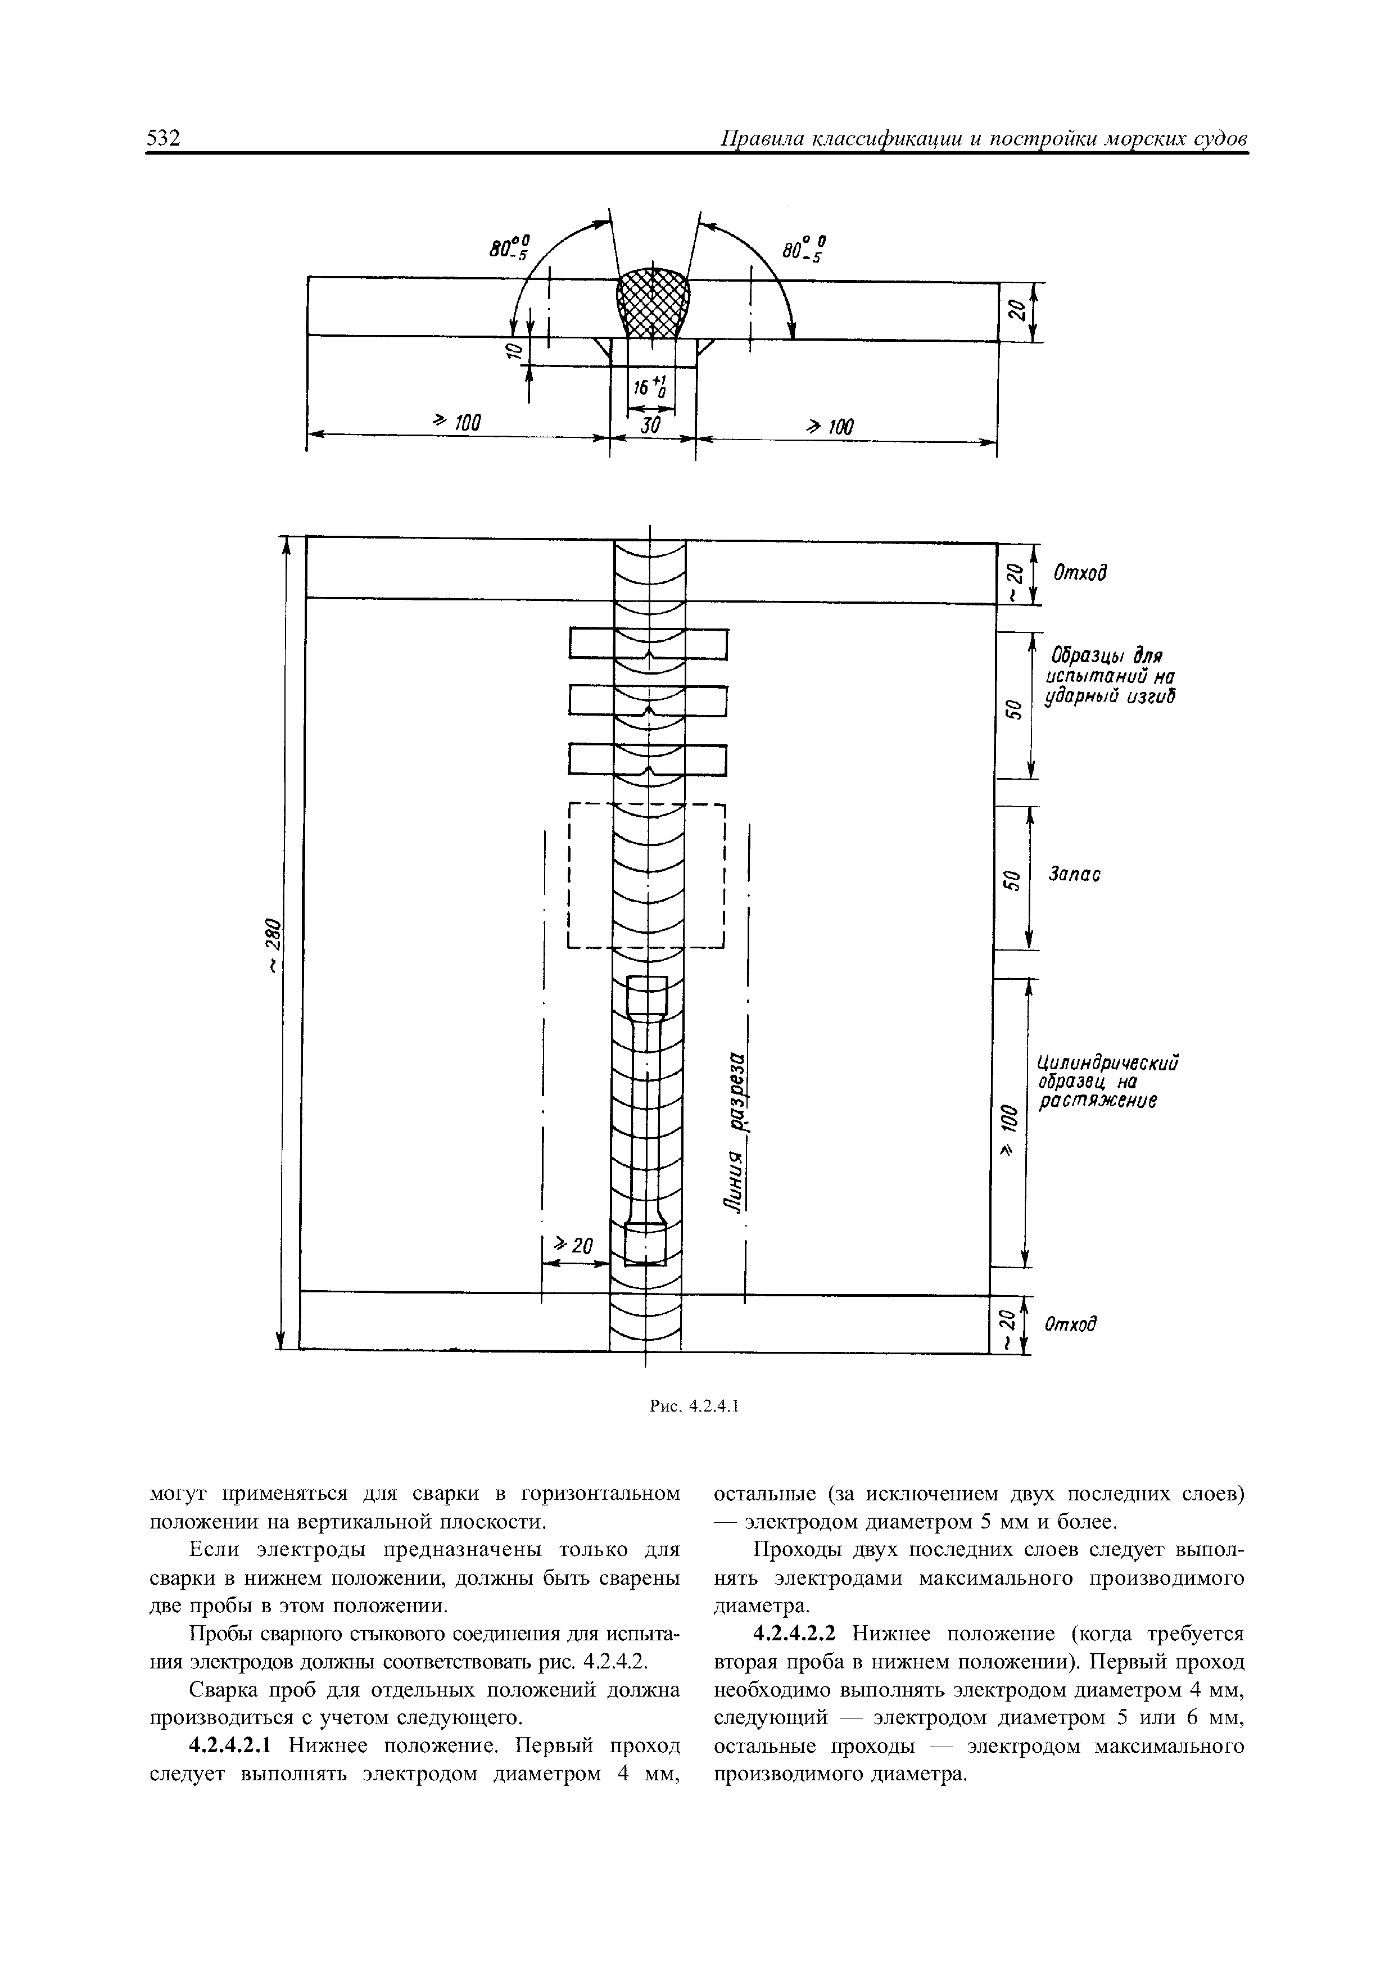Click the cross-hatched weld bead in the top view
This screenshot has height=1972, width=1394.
(x=653, y=302)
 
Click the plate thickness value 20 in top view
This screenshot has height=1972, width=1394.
(x=1017, y=310)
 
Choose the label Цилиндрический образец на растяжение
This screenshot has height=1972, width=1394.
(x=1106, y=1082)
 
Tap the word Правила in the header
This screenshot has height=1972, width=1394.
(x=762, y=139)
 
